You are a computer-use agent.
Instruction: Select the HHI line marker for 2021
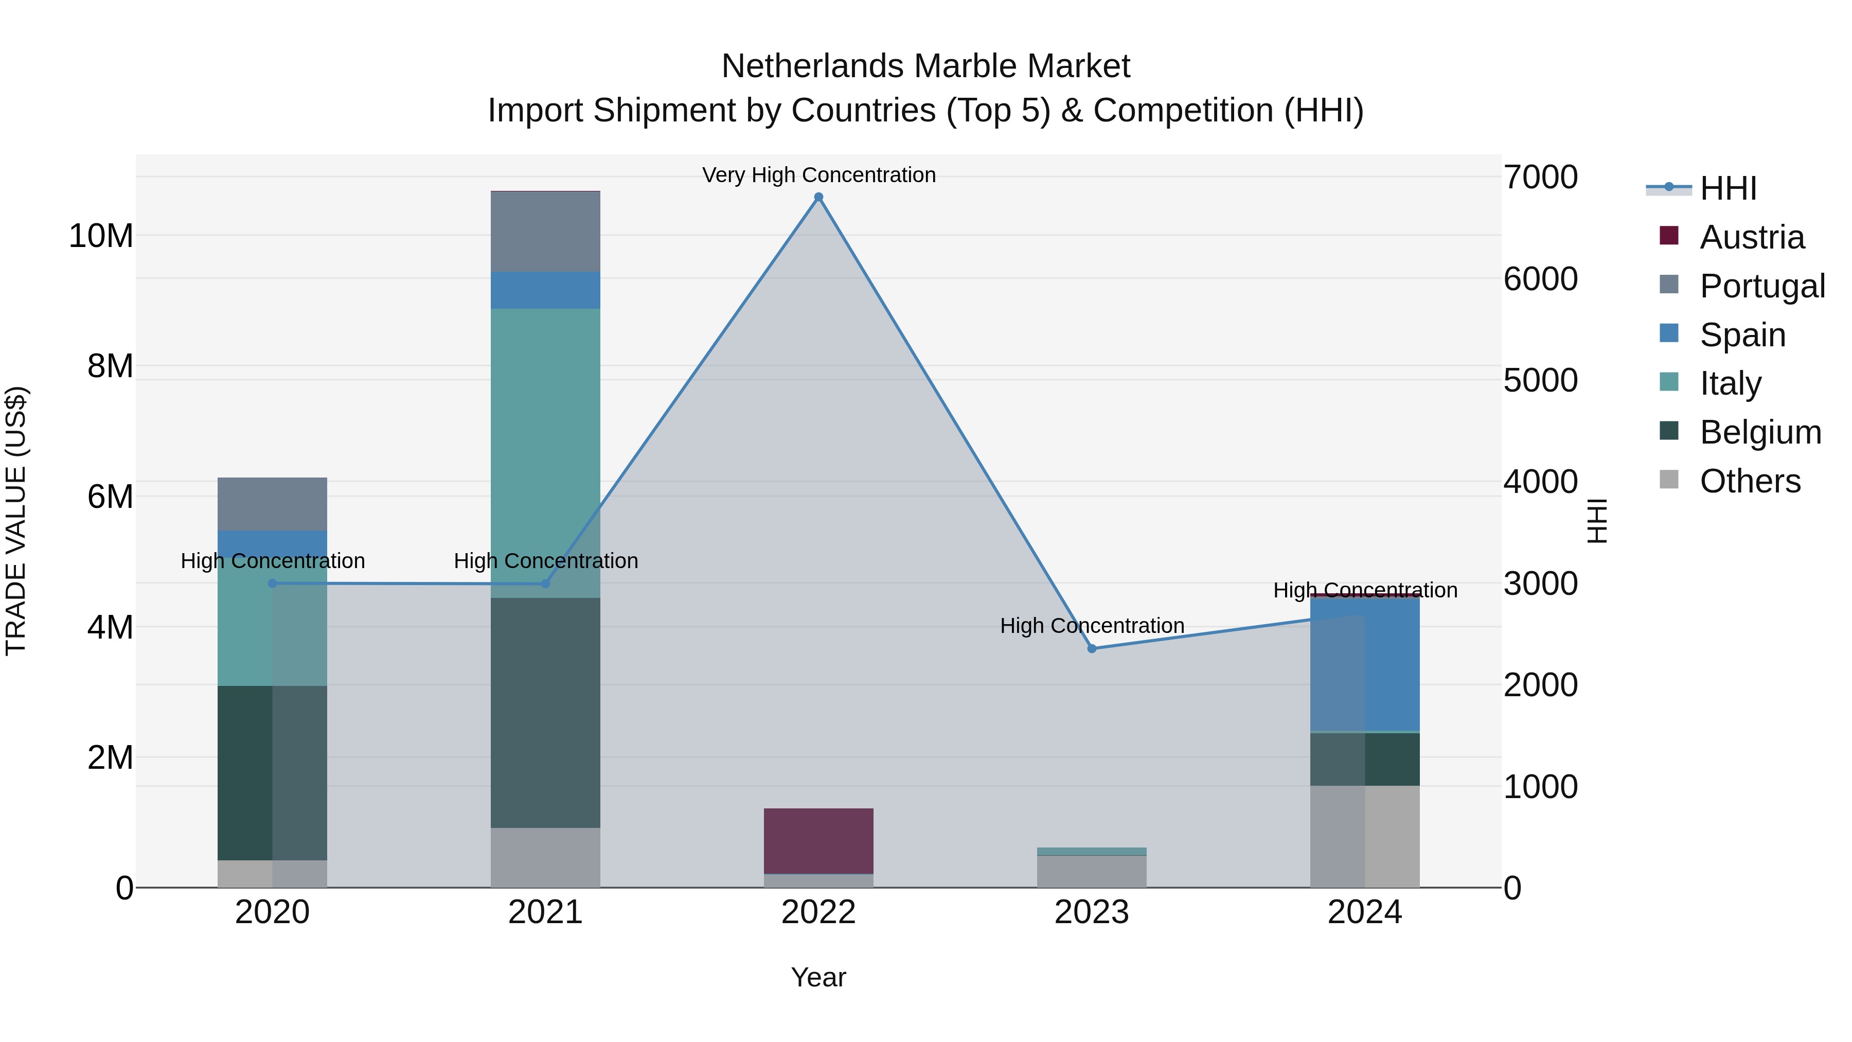[x=545, y=584]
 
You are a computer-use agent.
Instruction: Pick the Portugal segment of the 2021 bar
[x=545, y=232]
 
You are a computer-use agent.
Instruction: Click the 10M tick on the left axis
[x=101, y=236]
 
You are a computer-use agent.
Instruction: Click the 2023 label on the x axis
[x=1091, y=912]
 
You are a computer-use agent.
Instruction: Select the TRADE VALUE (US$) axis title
[x=16, y=521]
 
